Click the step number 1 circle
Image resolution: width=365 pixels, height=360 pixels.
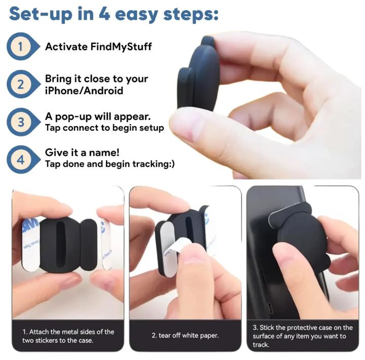click(20, 47)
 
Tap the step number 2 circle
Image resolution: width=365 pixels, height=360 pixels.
click(20, 84)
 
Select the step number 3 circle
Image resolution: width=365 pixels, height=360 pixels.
click(20, 122)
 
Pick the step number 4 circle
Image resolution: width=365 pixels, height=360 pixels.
click(20, 159)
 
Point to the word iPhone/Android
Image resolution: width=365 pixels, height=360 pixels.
click(84, 90)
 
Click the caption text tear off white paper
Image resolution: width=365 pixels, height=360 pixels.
click(185, 336)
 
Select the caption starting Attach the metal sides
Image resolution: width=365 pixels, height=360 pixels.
click(68, 336)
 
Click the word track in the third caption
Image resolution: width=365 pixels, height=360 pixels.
click(261, 345)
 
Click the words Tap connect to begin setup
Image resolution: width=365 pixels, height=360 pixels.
click(104, 128)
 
